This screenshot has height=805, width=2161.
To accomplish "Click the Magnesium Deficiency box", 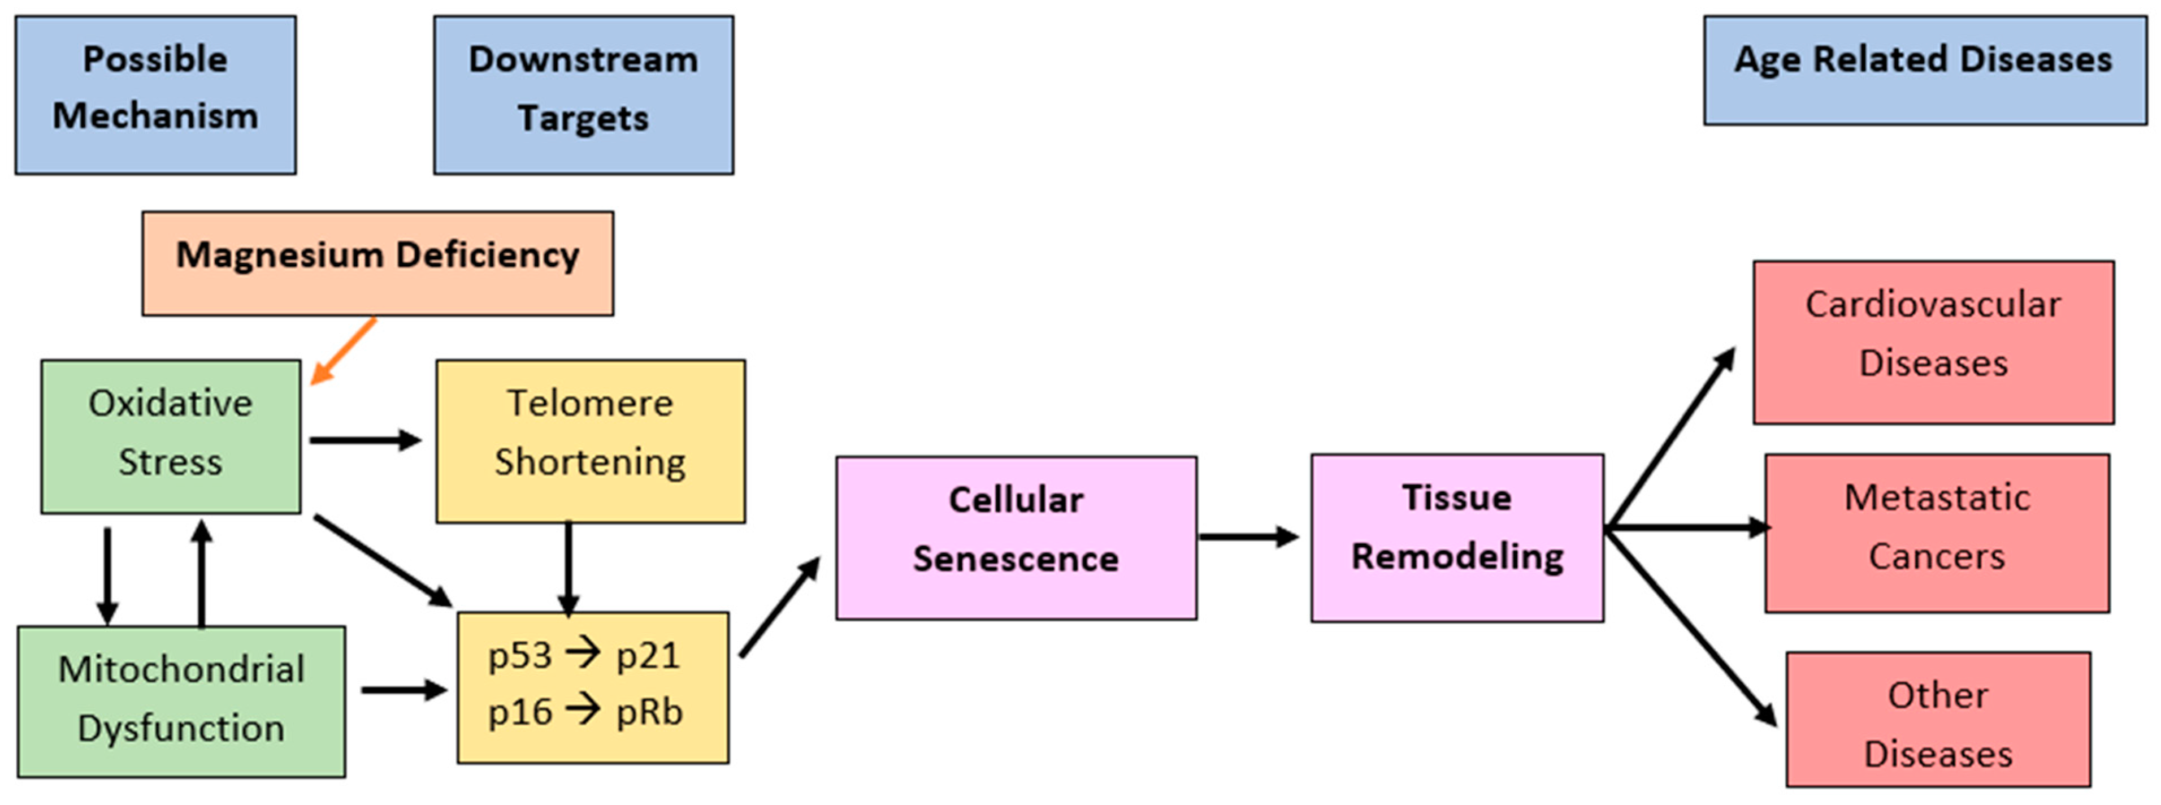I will (x=377, y=263).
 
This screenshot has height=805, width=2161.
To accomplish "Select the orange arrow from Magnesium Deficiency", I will (x=344, y=351).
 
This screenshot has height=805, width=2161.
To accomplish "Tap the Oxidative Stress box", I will (x=170, y=436).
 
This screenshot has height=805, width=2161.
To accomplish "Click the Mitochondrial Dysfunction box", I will (x=181, y=701).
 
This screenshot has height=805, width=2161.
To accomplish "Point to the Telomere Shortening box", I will (x=590, y=442).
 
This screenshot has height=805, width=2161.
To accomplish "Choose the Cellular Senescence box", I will (x=1016, y=538).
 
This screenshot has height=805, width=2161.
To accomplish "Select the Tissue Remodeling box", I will (x=1457, y=538).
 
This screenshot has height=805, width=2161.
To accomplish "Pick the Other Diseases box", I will (x=1938, y=720).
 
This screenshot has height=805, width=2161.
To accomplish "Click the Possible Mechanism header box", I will (x=155, y=95).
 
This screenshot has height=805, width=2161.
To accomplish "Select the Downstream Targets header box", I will (x=583, y=95).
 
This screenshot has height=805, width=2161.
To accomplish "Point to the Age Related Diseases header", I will (x=1924, y=71).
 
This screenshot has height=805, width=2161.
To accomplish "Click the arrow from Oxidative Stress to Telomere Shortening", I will (x=365, y=440).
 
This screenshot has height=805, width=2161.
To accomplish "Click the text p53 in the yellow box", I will (x=519, y=656).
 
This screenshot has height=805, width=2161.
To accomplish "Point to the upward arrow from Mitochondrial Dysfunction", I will (x=201, y=575).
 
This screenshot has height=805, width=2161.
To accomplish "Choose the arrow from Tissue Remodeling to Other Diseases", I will (x=1690, y=625).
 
